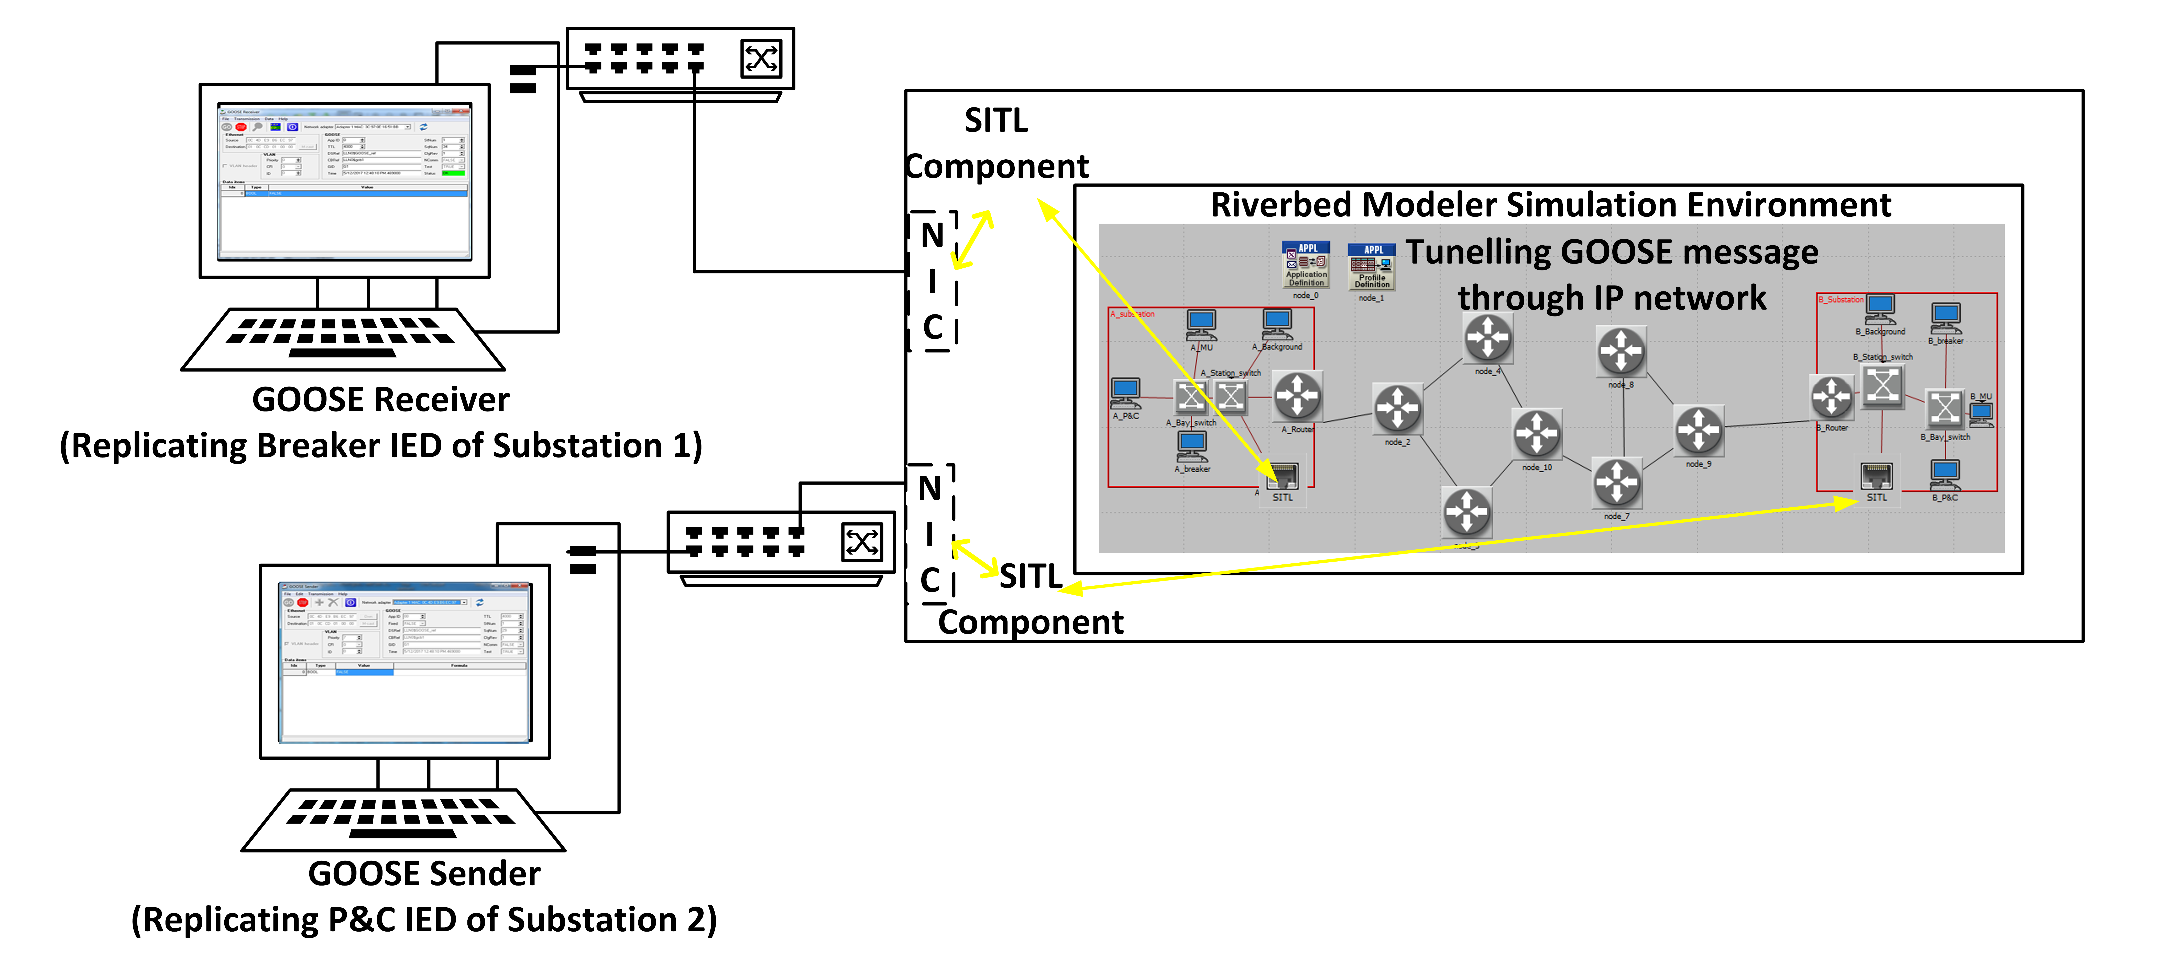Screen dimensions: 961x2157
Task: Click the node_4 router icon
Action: click(x=1487, y=338)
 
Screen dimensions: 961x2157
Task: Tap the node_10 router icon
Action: click(x=1537, y=434)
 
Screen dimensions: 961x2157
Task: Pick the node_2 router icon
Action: click(x=1397, y=409)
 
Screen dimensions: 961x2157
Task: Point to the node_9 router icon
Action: click(x=1698, y=430)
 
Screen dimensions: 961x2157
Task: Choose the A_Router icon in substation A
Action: click(x=1297, y=396)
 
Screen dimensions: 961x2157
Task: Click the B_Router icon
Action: click(x=1831, y=397)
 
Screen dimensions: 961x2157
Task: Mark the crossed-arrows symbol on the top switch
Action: click(x=760, y=59)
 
